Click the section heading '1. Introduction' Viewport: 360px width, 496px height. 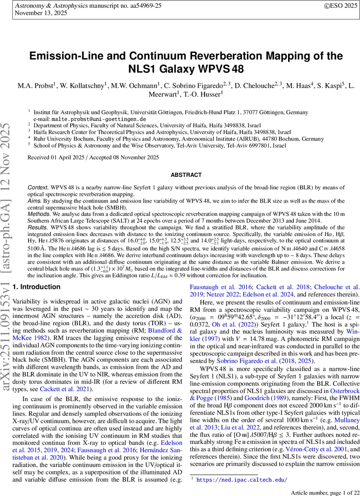[37, 287]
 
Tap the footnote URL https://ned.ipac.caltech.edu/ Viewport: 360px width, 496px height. [241, 480]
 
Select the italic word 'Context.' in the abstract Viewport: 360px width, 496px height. [38, 188]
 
